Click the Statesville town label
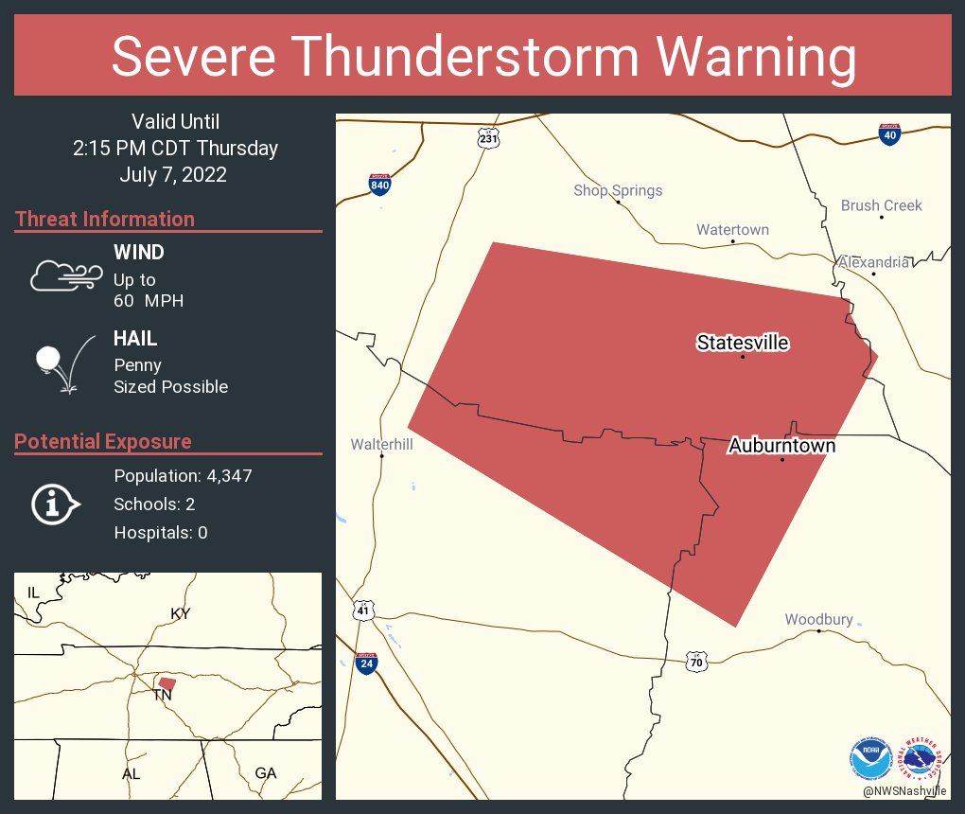pyautogui.click(x=743, y=343)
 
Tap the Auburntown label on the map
pyautogui.click(x=781, y=446)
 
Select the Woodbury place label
pyautogui.click(x=818, y=620)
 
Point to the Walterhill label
pyautogui.click(x=382, y=443)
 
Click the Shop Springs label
pyautogui.click(x=618, y=190)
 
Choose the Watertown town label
pyautogui.click(x=732, y=230)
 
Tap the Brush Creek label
pyautogui.click(x=881, y=205)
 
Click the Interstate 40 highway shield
pyautogui.click(x=888, y=134)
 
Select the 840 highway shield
pyautogui.click(x=379, y=184)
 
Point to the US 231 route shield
pyautogui.click(x=487, y=138)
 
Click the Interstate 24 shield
pyautogui.click(x=365, y=663)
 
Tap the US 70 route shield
pyautogui.click(x=696, y=661)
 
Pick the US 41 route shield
pyautogui.click(x=363, y=610)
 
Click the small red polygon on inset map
pyautogui.click(x=167, y=683)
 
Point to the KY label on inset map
pyautogui.click(x=180, y=613)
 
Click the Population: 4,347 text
pyautogui.click(x=183, y=475)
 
